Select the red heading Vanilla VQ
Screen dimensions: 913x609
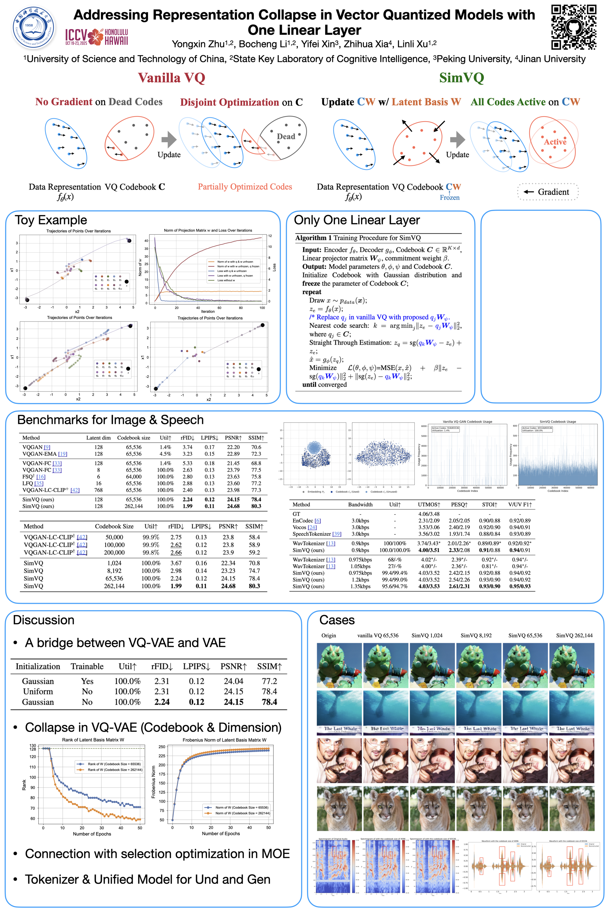click(171, 78)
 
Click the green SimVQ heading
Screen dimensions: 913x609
click(462, 78)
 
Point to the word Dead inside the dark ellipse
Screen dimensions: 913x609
click(286, 137)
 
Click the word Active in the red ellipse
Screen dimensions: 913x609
click(555, 142)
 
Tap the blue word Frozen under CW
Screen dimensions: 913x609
click(449, 197)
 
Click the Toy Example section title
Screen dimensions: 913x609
click(51, 220)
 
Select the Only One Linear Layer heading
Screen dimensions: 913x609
click(357, 220)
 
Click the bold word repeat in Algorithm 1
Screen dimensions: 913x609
click(311, 292)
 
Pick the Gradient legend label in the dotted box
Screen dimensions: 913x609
click(553, 192)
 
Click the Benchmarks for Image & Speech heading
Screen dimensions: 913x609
click(110, 420)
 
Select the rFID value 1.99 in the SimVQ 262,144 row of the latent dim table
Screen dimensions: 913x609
click(187, 506)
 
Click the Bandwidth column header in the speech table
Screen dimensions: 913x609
click(360, 505)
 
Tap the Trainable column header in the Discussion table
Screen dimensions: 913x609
click(87, 666)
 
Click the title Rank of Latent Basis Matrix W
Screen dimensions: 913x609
click(93, 740)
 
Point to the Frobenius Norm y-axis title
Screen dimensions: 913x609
click(154, 782)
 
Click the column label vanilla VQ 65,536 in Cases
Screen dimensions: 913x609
click(377, 635)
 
